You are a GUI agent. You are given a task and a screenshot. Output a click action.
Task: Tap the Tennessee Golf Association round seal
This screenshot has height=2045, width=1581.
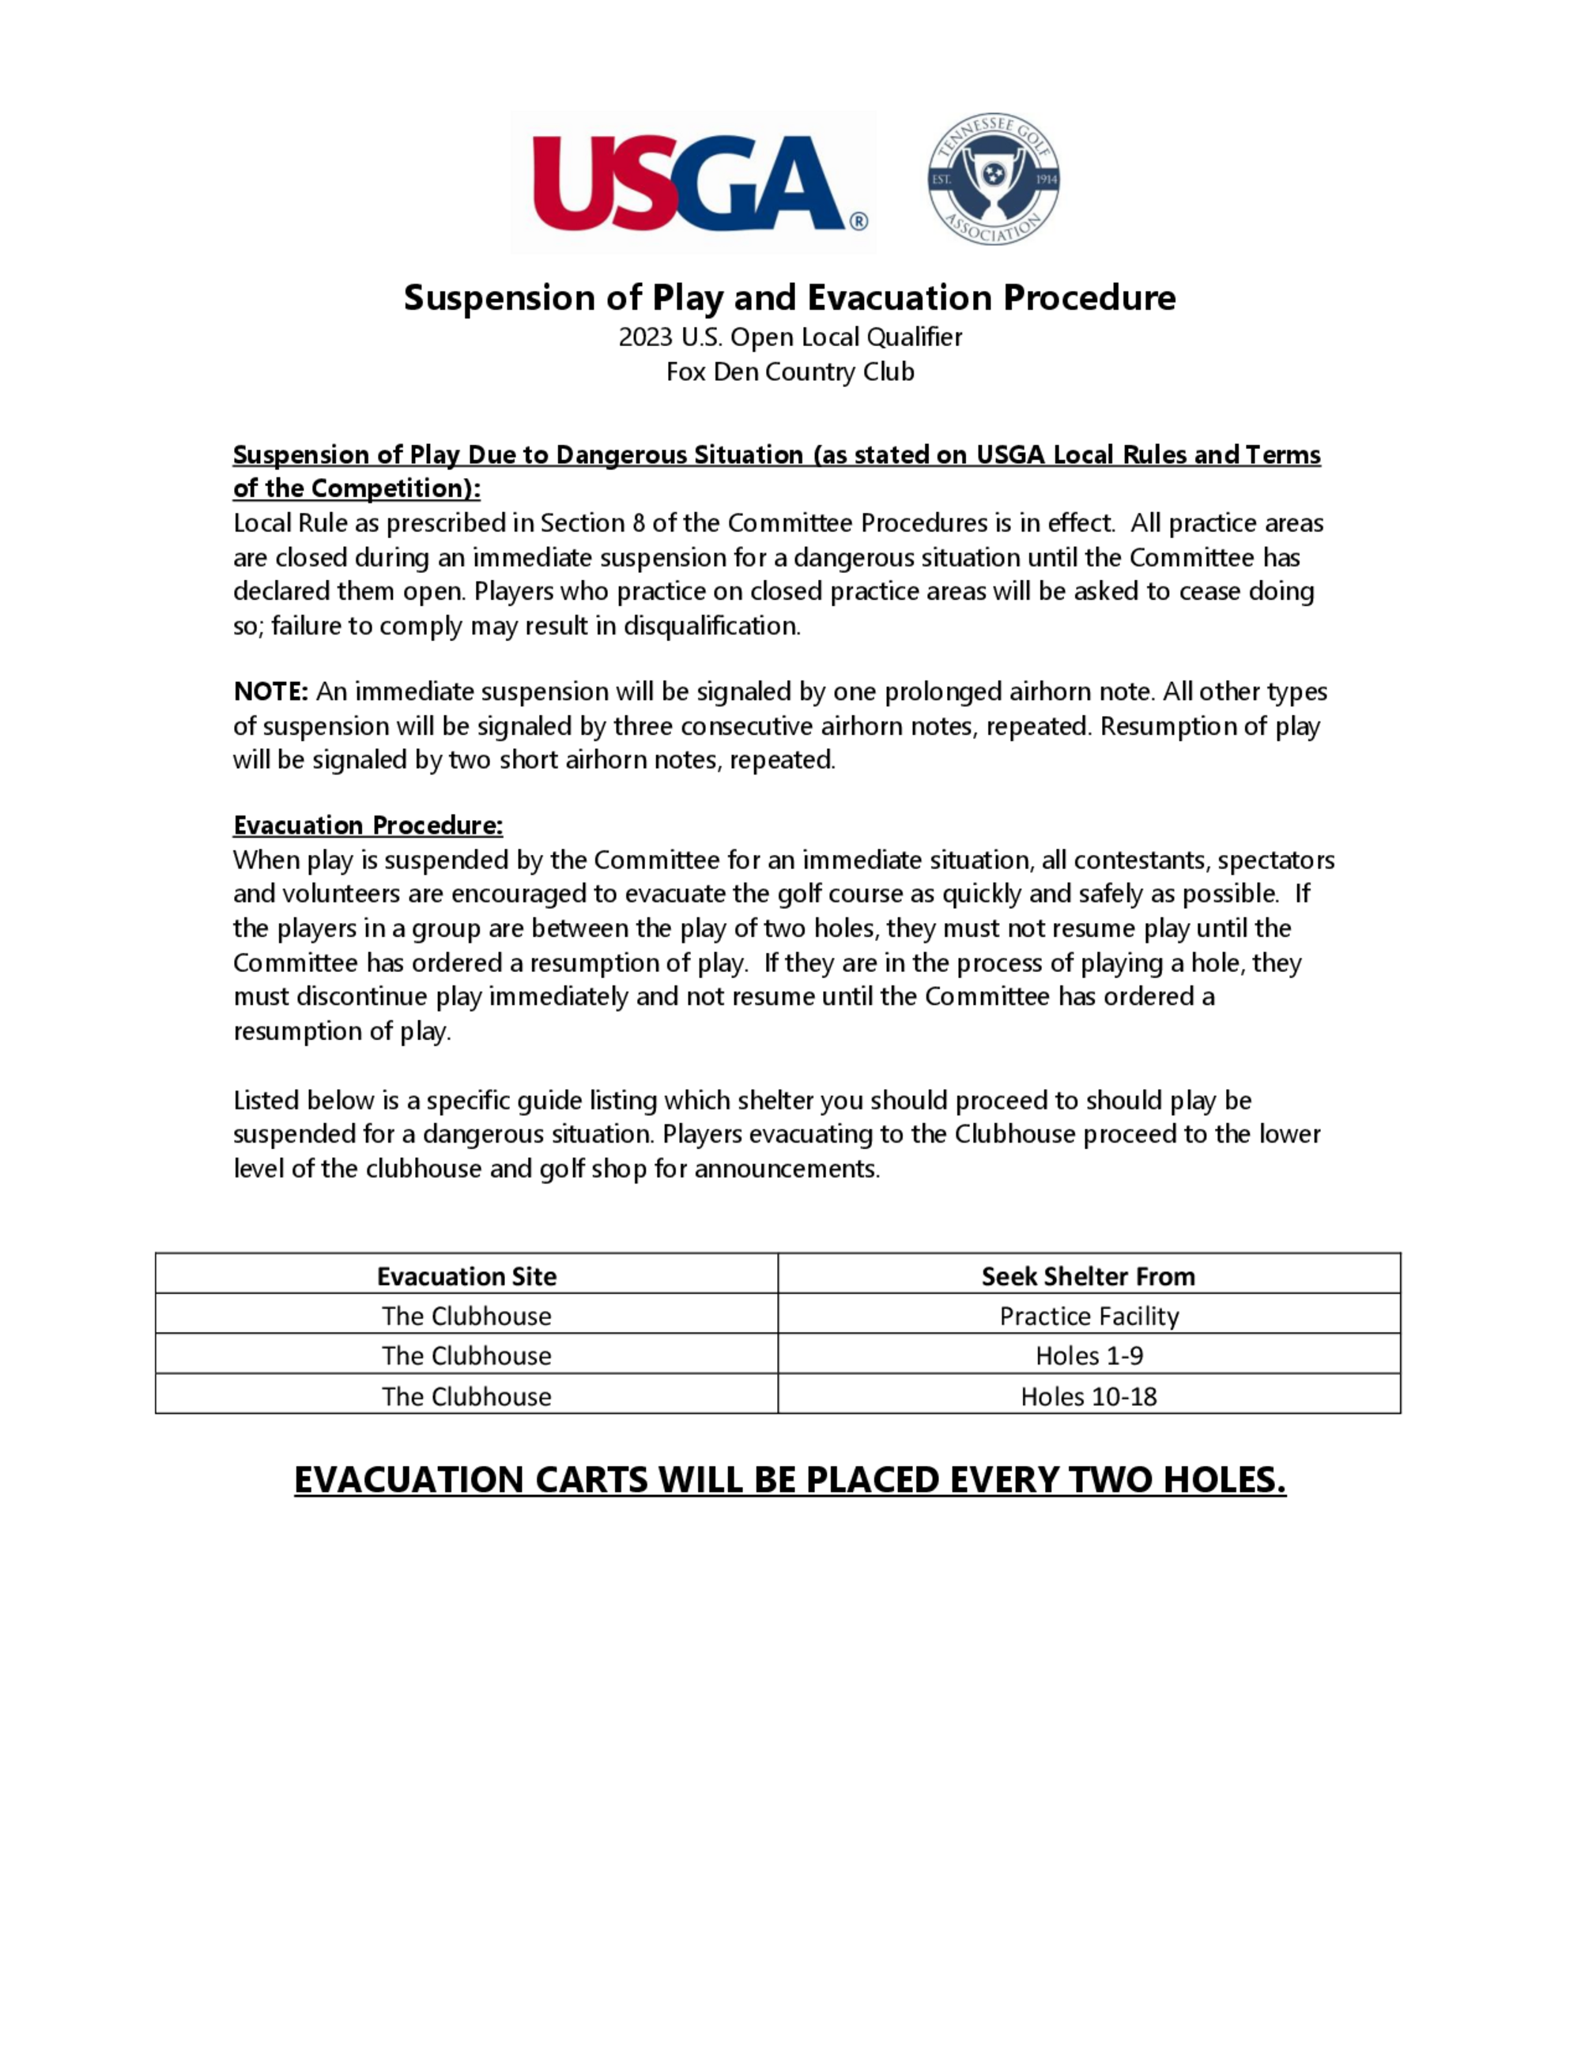tap(994, 178)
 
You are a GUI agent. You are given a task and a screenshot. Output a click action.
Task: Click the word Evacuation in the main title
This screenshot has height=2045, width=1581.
tap(899, 298)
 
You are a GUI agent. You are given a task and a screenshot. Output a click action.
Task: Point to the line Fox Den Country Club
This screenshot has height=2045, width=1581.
tap(790, 371)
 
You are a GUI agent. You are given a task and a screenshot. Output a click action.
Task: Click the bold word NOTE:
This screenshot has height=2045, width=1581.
tap(270, 692)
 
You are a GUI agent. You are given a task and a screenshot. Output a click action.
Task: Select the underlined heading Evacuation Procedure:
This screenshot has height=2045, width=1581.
tap(368, 825)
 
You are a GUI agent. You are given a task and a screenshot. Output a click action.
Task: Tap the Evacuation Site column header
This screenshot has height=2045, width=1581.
tap(466, 1276)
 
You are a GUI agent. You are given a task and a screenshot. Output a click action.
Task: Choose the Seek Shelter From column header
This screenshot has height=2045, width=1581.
tap(1089, 1276)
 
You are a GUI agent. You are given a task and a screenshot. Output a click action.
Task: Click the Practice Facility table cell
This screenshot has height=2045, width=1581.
tap(1089, 1316)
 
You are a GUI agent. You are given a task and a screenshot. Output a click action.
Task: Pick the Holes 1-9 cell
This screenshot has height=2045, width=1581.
tap(1089, 1356)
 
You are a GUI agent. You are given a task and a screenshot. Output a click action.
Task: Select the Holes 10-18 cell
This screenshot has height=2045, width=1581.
tap(1089, 1396)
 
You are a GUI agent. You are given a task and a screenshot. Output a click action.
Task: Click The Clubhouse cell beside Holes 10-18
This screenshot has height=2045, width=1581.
tap(466, 1396)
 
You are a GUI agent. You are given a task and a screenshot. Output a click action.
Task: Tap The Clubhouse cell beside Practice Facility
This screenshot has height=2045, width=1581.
tap(466, 1316)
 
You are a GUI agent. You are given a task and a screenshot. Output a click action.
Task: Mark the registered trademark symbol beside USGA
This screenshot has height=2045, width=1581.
tap(858, 222)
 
